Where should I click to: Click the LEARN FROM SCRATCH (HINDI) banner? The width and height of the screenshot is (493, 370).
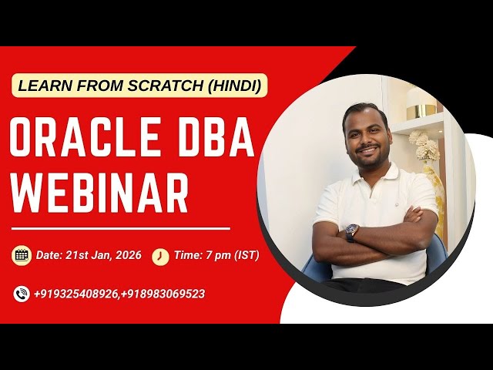(139, 85)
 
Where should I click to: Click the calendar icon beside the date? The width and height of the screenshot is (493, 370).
(22, 255)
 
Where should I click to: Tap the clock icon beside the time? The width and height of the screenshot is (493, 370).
(160, 256)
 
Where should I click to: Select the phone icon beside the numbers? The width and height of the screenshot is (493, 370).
(22, 294)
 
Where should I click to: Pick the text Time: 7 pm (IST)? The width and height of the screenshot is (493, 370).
(216, 255)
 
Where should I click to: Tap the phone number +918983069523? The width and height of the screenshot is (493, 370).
(163, 294)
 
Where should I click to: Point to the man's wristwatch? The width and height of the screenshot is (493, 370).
(352, 231)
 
